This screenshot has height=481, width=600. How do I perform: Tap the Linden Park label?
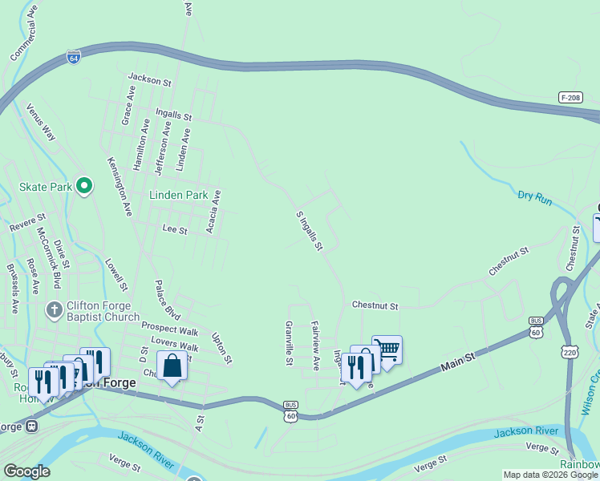click(x=178, y=195)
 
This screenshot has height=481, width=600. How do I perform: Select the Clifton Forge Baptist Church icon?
click(x=55, y=310)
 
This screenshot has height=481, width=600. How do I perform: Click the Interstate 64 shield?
click(x=73, y=59)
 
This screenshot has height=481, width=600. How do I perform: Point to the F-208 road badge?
click(x=570, y=97)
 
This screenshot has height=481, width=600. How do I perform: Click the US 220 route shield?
click(x=570, y=329)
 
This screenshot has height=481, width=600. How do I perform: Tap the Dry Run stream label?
click(x=534, y=196)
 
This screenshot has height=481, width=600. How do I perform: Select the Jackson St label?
click(x=150, y=81)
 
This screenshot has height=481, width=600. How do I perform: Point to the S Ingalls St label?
click(x=309, y=231)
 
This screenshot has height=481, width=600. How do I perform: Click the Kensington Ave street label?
click(x=119, y=186)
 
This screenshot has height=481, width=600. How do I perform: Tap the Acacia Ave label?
click(x=212, y=212)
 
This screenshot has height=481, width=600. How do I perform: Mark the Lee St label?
click(x=174, y=230)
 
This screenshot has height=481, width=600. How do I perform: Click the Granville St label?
click(x=289, y=343)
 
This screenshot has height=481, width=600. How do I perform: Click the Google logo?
click(x=26, y=471)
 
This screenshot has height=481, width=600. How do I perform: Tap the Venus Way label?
click(x=41, y=122)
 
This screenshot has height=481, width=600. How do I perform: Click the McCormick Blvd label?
click(x=49, y=257)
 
